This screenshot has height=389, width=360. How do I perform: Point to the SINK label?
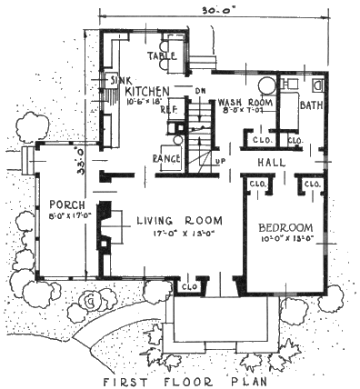tap(122, 80)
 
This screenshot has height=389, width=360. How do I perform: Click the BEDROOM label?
tap(286, 226)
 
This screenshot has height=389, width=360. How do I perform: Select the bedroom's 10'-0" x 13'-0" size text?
tap(286, 239)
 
